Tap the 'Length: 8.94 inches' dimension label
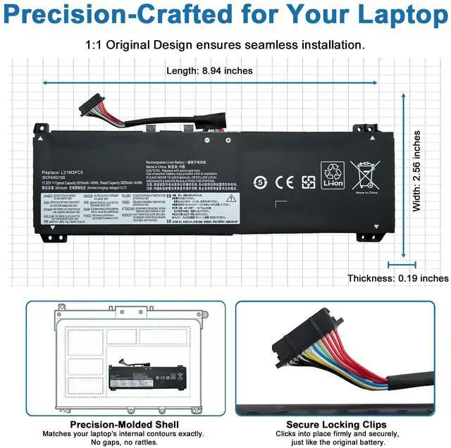[x=209, y=70]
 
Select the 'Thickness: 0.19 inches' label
[x=397, y=278]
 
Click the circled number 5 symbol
[x=260, y=181]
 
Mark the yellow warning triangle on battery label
[x=231, y=199]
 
